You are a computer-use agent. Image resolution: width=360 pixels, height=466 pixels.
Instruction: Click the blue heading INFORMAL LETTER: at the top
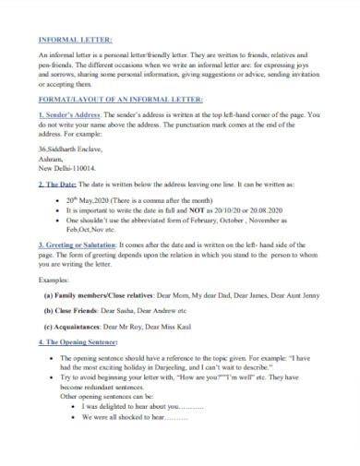74,41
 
